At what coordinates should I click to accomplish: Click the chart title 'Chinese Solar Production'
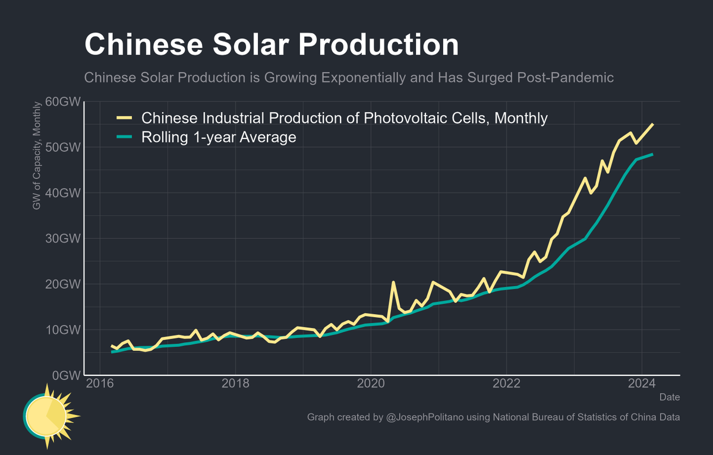(x=271, y=46)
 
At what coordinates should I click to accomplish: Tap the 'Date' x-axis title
(x=670, y=397)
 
